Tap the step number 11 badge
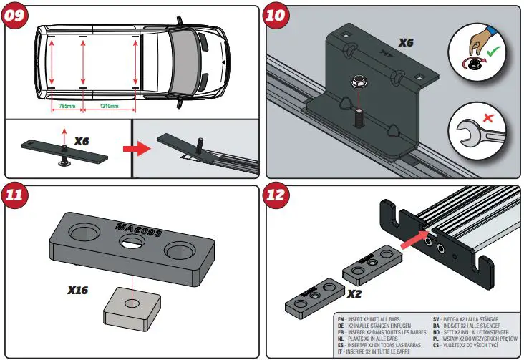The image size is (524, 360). point(17,198)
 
